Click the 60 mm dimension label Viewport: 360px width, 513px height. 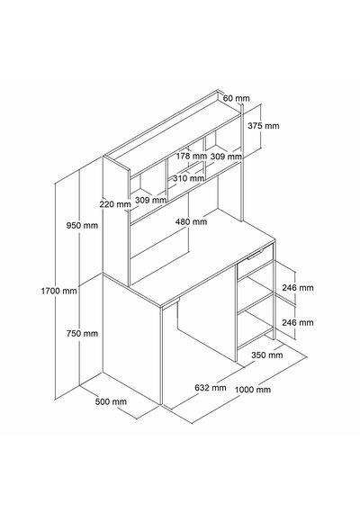click(237, 98)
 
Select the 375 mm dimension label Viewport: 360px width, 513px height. click(264, 126)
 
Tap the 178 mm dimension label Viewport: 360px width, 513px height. click(192, 156)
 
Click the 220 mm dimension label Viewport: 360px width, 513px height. click(115, 204)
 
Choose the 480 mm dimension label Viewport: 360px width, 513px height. click(191, 221)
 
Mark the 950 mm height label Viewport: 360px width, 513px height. click(82, 225)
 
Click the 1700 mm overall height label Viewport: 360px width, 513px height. click(58, 291)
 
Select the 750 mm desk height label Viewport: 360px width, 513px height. click(82, 333)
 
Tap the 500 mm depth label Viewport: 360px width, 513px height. click(111, 401)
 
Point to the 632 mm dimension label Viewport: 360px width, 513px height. click(211, 388)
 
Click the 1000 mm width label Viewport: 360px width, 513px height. click(253, 390)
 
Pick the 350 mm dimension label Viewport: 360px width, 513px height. click(267, 355)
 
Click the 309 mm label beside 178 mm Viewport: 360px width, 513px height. click(226, 157)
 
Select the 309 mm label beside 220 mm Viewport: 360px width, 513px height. click(150, 200)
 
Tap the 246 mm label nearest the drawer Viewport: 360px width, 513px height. click(298, 288)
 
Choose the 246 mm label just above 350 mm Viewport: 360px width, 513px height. click(298, 322)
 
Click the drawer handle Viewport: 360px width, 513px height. click(256, 255)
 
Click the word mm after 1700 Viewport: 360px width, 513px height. click(70, 291)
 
